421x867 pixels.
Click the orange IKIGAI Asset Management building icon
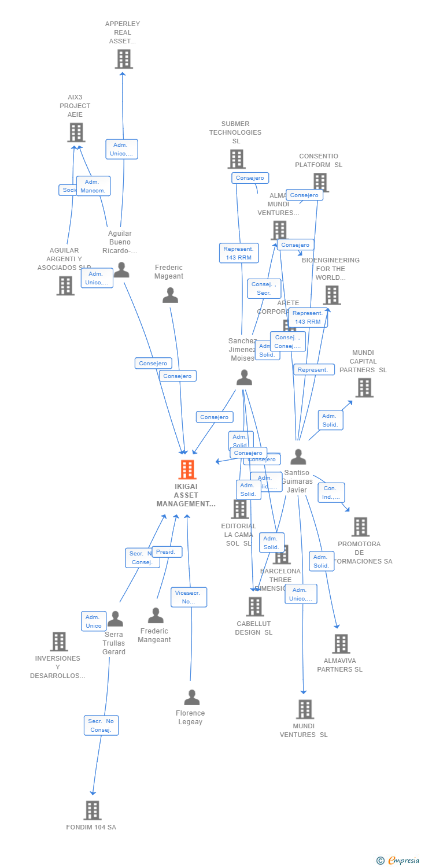click(187, 470)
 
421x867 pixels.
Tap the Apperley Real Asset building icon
click(123, 59)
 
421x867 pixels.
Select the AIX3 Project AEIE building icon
click(76, 132)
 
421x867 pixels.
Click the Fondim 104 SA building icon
click(92, 810)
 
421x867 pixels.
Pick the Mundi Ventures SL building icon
click(304, 709)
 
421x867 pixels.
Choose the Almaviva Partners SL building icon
click(341, 644)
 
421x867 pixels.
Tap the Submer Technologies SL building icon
click(236, 159)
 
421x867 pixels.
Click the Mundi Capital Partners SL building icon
click(364, 388)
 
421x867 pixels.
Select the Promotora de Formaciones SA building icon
click(360, 527)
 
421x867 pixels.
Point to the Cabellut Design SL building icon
click(255, 607)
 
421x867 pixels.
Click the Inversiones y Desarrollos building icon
click(59, 642)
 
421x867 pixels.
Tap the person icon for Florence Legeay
click(191, 698)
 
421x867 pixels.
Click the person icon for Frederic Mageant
click(170, 295)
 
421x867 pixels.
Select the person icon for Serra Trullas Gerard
click(115, 619)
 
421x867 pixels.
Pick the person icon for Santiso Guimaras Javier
click(298, 457)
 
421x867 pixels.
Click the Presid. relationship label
click(167, 552)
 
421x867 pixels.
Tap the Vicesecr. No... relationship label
click(189, 597)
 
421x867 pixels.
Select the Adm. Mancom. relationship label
click(93, 186)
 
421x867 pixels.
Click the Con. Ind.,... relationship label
click(331, 492)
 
